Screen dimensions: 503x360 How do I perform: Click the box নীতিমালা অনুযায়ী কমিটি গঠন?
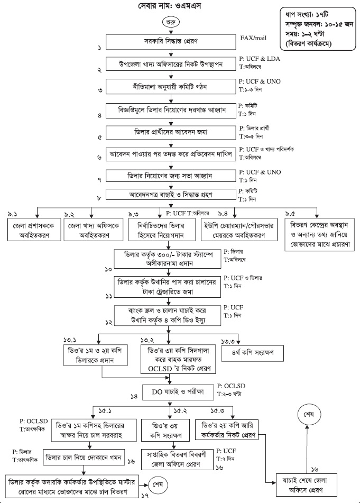(x=169, y=86)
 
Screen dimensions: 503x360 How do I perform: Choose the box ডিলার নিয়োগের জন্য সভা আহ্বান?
(x=169, y=175)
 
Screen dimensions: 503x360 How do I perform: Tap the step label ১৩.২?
(x=146, y=339)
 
